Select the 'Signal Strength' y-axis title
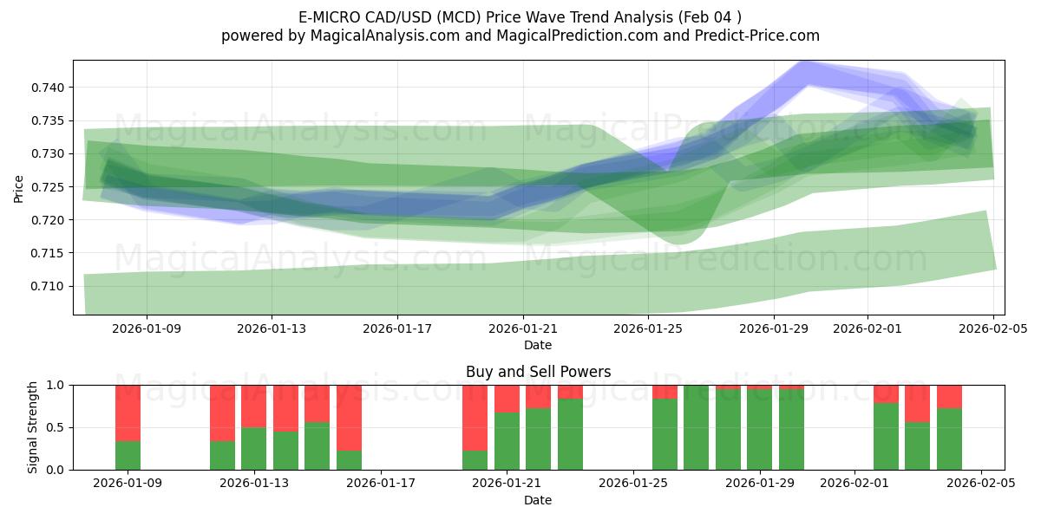(32, 427)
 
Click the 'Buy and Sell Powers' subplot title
(538, 372)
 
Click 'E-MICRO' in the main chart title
(331, 17)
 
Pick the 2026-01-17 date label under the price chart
(396, 329)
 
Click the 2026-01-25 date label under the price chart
(648, 329)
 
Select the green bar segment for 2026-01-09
(128, 455)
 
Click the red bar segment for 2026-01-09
(128, 413)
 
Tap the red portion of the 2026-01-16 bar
(349, 417)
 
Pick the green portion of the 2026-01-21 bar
(507, 441)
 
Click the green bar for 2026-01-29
(759, 430)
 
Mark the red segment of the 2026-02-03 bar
(917, 403)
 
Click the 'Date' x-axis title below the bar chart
(538, 500)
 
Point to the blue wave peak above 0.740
(808, 71)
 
